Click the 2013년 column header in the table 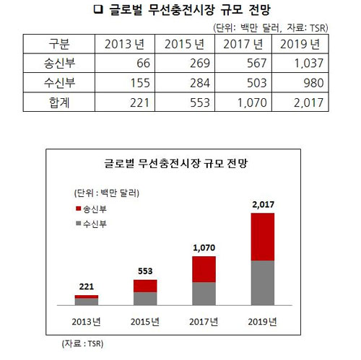(124, 44)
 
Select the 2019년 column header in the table (300, 44)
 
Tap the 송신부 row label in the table (59, 63)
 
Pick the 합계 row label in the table (59, 102)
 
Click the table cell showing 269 (200, 63)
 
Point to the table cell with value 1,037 (309, 63)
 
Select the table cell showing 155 (140, 83)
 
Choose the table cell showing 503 (257, 83)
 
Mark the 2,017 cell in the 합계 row (308, 102)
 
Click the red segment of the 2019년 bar (263, 237)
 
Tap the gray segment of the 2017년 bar (204, 294)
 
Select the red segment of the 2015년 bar (145, 286)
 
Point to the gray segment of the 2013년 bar (87, 302)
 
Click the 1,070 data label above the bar (204, 247)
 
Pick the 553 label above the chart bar (145, 271)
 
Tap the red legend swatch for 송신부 (78, 208)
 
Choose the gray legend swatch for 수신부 (78, 224)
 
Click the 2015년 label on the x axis (145, 322)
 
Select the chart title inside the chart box (176, 164)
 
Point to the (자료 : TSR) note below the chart (82, 343)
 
